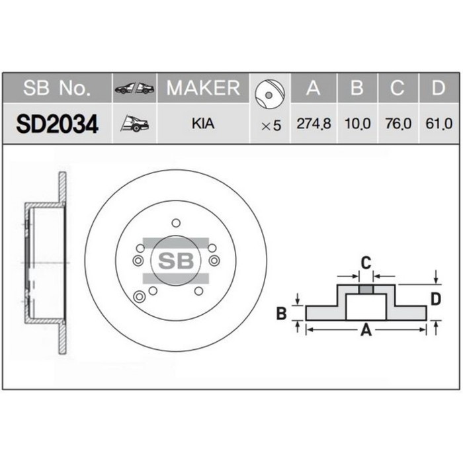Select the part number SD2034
coord(57,124)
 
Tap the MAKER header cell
coord(202,88)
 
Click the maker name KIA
coord(202,124)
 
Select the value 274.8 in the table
coord(314,124)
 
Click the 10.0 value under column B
coord(357,124)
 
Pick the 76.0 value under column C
coord(397,124)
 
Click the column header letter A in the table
coord(314,88)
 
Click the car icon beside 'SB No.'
coord(134,89)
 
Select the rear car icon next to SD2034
coord(134,123)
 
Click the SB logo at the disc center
coord(175,260)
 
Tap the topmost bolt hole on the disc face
coord(175,222)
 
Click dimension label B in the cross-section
coord(281,314)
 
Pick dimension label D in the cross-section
coord(435,299)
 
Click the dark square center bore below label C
coord(365,288)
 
